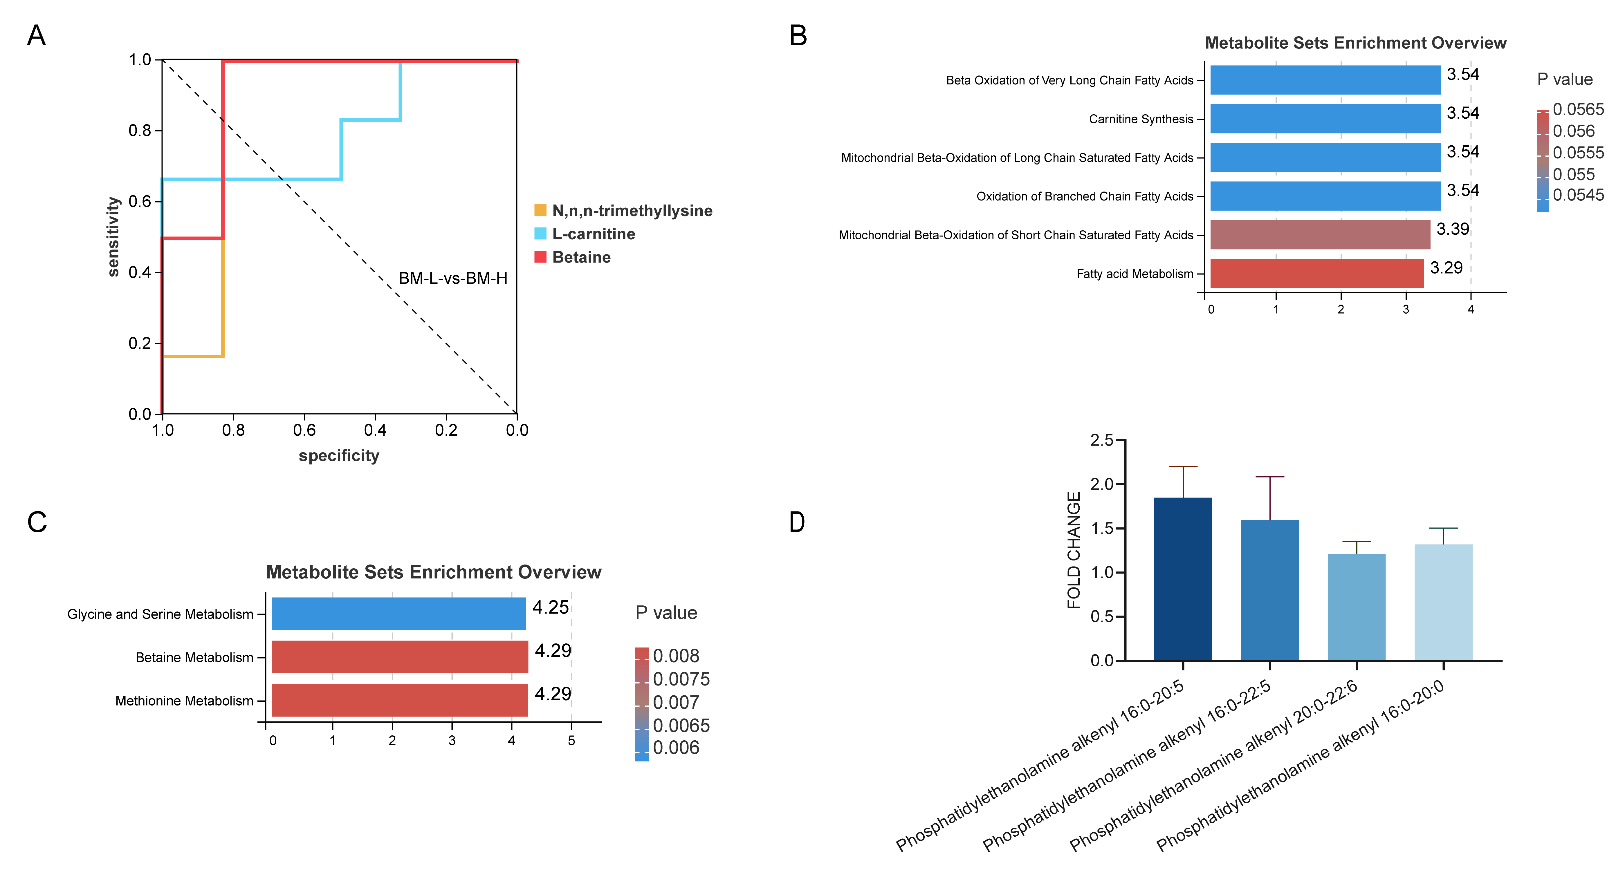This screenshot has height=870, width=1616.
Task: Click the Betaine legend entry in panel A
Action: pyautogui.click(x=580, y=257)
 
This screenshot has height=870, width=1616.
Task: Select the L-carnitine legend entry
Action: pyautogui.click(x=593, y=234)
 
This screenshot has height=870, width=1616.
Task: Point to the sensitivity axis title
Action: pyautogui.click(x=113, y=236)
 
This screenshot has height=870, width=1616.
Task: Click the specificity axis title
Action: pyautogui.click(x=339, y=455)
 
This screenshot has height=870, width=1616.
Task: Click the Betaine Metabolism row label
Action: pyautogui.click(x=194, y=657)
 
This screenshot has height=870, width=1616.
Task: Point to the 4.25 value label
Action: pyautogui.click(x=550, y=607)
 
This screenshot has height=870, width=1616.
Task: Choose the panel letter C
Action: pyautogui.click(x=37, y=522)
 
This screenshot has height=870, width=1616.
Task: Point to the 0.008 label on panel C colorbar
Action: pyautogui.click(x=676, y=656)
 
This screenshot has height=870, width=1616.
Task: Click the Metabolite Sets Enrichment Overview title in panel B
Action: pyautogui.click(x=1355, y=43)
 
